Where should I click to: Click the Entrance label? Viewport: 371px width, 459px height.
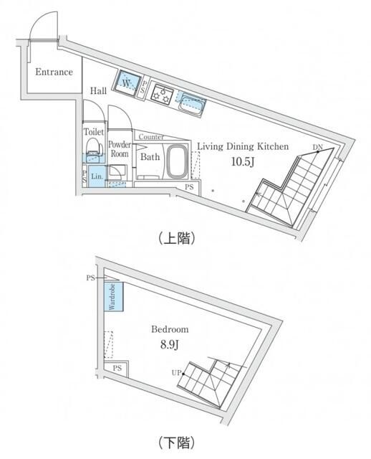[54, 72]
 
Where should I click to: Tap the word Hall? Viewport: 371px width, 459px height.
[99, 91]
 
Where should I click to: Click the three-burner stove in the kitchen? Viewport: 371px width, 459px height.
[163, 95]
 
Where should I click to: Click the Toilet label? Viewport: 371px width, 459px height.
[94, 133]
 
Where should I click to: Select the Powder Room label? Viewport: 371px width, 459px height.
[119, 148]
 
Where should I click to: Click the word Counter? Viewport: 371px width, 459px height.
[151, 137]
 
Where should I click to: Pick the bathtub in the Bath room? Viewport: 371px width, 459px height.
[177, 162]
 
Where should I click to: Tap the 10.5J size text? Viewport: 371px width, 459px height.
[241, 161]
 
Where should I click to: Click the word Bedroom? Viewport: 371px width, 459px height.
[170, 330]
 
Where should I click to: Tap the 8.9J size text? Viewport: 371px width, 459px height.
[170, 344]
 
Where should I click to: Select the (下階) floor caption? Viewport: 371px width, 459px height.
[174, 442]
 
